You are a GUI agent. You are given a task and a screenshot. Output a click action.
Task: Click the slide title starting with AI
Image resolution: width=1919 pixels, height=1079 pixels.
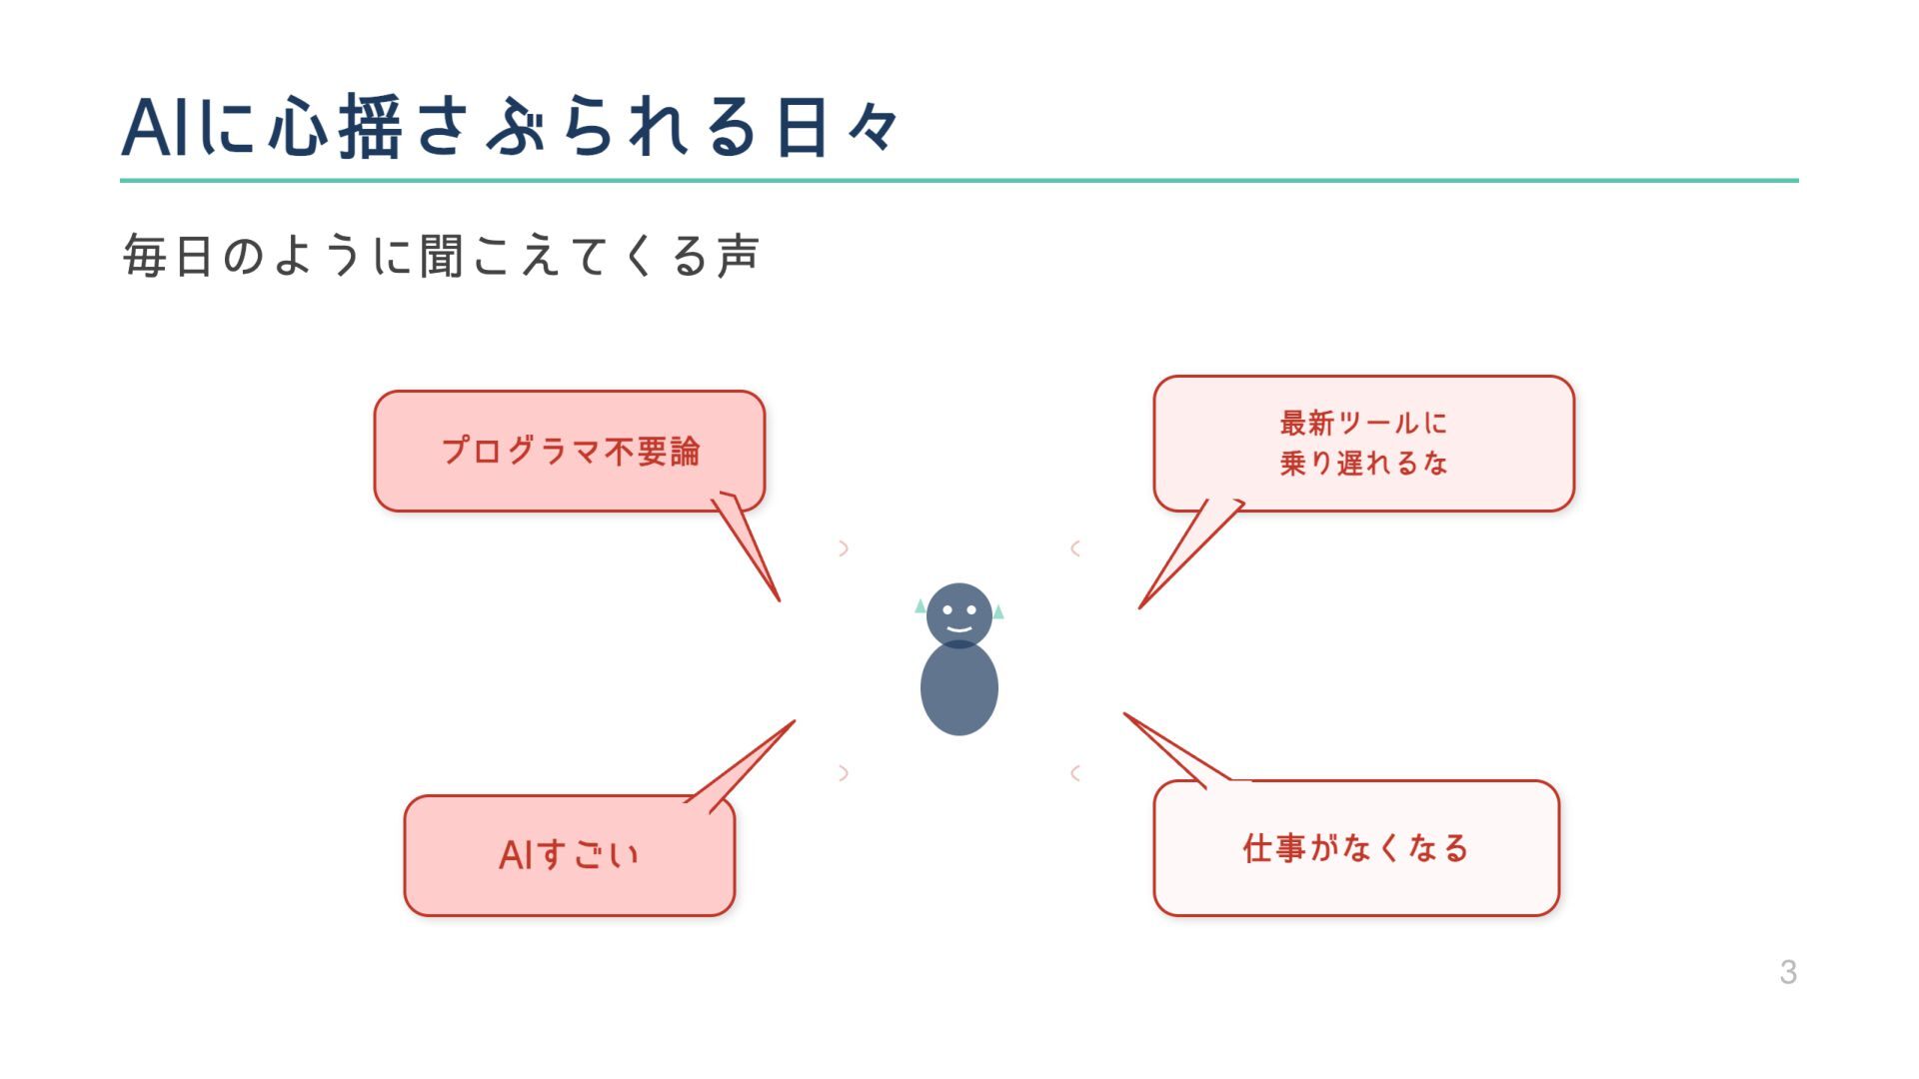point(510,127)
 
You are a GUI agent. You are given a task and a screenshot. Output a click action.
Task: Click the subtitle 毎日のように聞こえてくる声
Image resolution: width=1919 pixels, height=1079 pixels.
point(441,256)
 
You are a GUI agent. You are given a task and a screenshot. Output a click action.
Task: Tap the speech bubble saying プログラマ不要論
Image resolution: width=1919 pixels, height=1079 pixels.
point(570,451)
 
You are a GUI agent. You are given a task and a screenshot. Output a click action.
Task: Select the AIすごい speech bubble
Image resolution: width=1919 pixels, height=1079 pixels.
point(569,855)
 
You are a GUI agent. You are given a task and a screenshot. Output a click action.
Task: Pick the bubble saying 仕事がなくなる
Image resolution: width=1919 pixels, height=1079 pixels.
point(1356,848)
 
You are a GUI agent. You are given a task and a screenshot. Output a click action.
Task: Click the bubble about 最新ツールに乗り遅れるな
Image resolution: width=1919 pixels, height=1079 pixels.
point(1363,443)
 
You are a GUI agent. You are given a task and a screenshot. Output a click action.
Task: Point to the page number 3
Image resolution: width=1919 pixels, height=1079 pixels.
point(1788,972)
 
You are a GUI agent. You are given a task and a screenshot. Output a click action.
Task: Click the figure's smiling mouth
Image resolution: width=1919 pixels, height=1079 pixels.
point(959,629)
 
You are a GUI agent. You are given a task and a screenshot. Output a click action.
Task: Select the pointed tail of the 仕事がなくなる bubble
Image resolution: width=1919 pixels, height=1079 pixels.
point(1174,751)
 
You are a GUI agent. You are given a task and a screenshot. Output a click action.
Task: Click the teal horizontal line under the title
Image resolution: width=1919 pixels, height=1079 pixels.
point(959,181)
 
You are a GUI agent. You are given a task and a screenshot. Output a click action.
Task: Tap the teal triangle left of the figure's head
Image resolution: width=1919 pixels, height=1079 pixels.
point(920,605)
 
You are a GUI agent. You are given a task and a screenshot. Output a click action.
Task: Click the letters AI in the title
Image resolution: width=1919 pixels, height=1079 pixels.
point(156,128)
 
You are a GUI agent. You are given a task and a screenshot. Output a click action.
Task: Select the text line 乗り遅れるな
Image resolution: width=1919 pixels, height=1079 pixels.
point(1363,464)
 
